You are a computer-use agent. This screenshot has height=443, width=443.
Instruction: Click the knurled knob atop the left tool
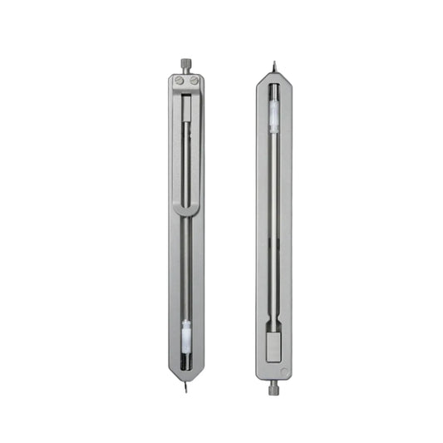185,64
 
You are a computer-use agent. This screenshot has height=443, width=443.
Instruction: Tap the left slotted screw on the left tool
180,81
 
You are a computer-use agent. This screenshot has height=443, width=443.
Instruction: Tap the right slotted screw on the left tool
193,81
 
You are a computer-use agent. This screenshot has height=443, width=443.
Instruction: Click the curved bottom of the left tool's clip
186,213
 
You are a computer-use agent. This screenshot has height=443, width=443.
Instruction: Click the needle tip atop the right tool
274,63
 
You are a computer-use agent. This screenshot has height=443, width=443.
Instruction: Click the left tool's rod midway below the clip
186,266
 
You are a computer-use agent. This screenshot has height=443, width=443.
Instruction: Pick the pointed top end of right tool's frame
274,74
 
